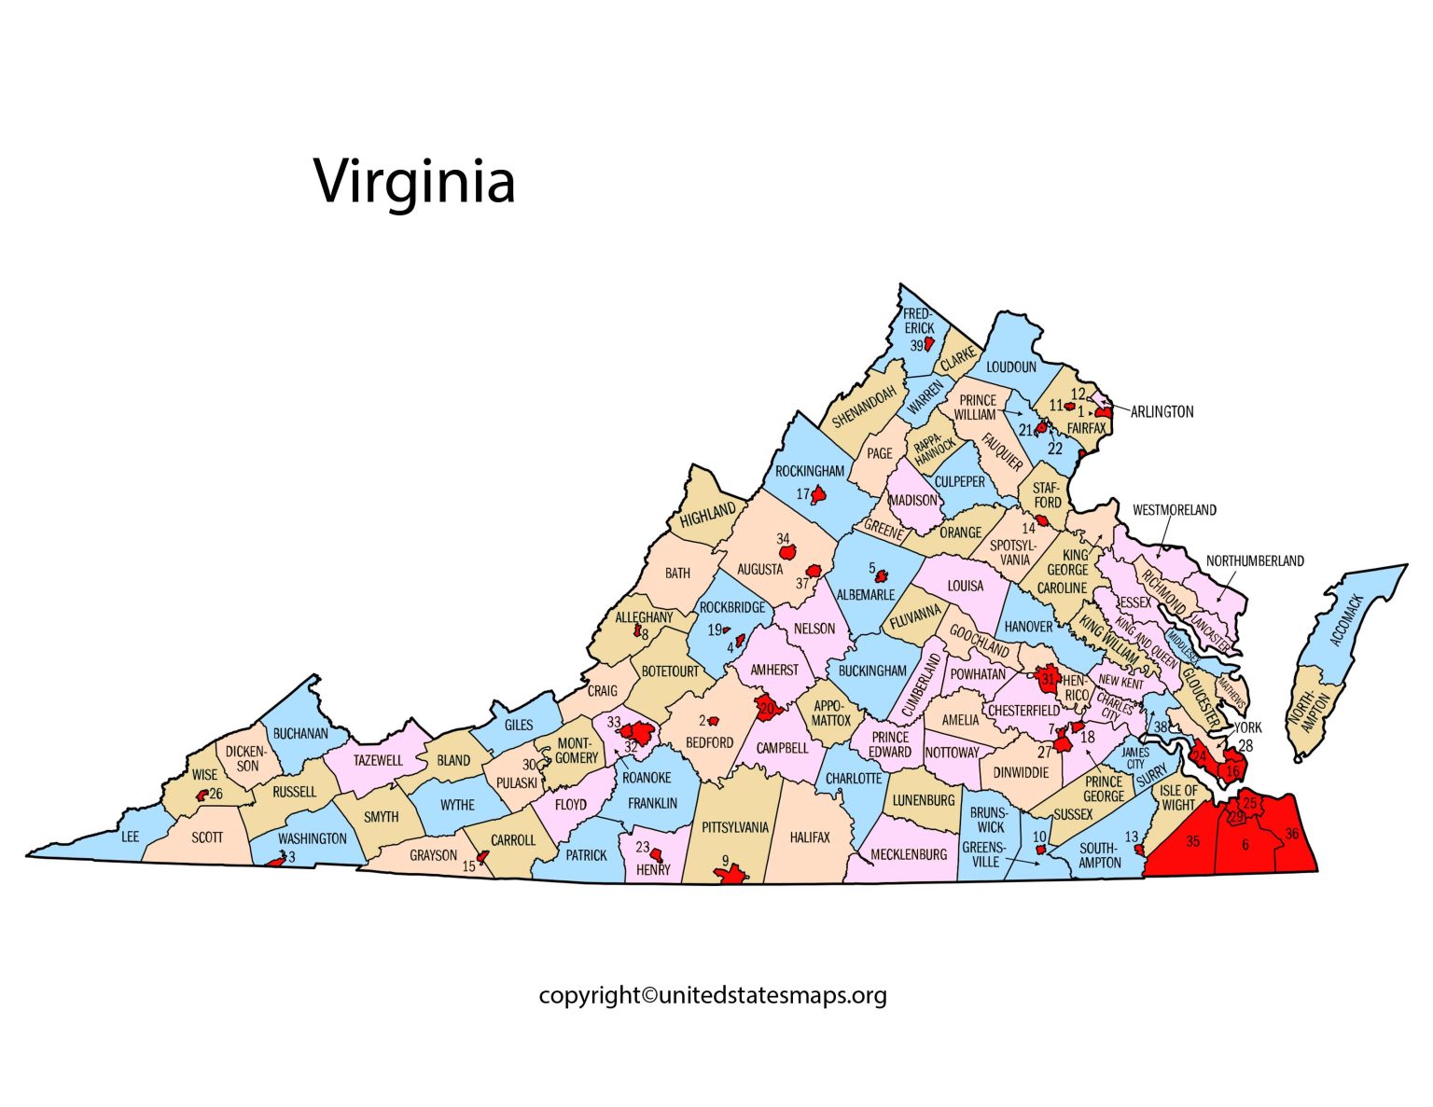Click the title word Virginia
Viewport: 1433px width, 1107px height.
click(414, 182)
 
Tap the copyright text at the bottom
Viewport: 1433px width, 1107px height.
click(713, 995)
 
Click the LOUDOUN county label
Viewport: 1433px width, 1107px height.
click(1010, 367)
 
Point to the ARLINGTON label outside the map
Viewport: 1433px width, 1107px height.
click(1162, 411)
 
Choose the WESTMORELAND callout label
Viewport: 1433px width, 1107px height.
click(1174, 510)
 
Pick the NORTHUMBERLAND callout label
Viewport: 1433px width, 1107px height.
click(1255, 560)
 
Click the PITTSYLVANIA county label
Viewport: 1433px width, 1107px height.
click(735, 827)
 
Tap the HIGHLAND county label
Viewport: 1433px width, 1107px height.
click(708, 514)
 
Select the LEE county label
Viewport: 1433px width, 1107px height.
click(131, 837)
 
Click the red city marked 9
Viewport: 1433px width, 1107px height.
click(730, 875)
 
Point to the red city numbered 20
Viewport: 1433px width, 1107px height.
click(768, 708)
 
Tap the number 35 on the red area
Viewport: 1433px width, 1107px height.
click(1192, 841)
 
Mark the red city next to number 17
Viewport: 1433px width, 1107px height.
click(819, 493)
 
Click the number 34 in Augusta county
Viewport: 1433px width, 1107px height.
click(783, 539)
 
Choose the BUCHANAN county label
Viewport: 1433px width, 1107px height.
click(300, 734)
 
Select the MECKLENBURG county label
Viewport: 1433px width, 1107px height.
click(909, 853)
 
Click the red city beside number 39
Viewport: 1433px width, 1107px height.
click(929, 344)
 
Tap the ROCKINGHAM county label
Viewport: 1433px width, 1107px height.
click(809, 471)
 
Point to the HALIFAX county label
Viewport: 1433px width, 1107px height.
click(809, 837)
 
